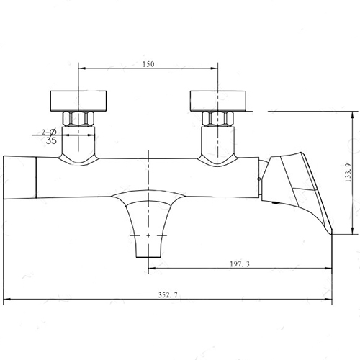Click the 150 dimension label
click(x=148, y=64)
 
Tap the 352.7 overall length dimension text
click(x=168, y=295)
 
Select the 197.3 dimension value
click(x=240, y=264)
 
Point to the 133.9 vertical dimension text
click(x=348, y=172)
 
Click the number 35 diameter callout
click(x=51, y=140)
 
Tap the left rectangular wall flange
click(x=78, y=101)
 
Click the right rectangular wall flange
click(x=218, y=101)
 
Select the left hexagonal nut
click(x=78, y=120)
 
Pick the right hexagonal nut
click(x=217, y=120)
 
